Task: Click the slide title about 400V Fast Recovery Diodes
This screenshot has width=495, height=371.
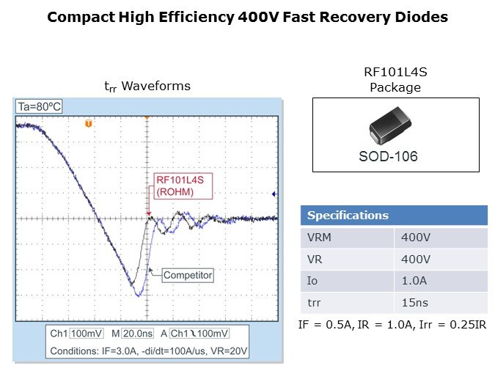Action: (x=247, y=16)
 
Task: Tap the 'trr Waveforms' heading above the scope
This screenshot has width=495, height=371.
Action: (x=147, y=87)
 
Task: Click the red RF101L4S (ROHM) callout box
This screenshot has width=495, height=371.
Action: (x=181, y=187)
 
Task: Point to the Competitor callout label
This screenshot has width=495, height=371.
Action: (x=187, y=276)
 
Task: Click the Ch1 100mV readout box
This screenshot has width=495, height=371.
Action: (x=72, y=334)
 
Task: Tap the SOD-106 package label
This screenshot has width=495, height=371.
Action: (x=395, y=157)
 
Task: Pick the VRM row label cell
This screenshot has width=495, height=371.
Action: (x=347, y=238)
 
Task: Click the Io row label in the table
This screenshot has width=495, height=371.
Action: (x=347, y=281)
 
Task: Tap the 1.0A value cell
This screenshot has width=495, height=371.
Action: (x=415, y=281)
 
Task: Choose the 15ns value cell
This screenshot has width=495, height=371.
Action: (x=415, y=302)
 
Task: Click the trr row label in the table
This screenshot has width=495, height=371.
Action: (x=347, y=302)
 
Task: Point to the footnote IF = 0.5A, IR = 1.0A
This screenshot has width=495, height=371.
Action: (x=392, y=324)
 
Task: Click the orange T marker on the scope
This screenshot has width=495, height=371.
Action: (x=89, y=124)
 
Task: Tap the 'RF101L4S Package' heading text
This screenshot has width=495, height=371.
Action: (x=395, y=80)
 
